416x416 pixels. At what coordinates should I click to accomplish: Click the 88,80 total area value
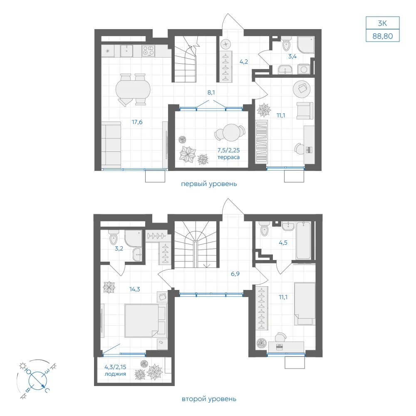[x=383, y=36]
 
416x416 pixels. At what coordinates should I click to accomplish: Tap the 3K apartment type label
[x=383, y=23]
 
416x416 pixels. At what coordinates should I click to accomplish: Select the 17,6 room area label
[x=137, y=122]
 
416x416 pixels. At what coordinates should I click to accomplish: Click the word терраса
[x=228, y=157]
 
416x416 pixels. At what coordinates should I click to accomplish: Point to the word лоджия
[x=115, y=374]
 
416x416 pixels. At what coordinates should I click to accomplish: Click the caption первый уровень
[x=209, y=184]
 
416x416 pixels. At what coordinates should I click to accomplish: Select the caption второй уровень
[x=209, y=399]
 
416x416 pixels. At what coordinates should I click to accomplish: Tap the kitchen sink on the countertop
[x=127, y=51]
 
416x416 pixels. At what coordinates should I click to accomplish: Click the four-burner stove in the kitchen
[x=149, y=51]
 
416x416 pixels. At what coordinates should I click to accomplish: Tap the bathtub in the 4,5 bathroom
[x=303, y=240]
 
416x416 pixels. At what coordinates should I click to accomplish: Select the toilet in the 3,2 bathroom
[x=113, y=238]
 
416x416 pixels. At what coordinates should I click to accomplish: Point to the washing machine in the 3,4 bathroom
[x=304, y=69]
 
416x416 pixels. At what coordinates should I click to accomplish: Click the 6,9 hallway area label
[x=235, y=274]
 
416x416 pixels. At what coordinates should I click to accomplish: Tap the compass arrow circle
[x=38, y=381]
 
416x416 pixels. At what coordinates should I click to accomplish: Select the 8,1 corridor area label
[x=211, y=93]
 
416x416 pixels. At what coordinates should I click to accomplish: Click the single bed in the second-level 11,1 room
[x=305, y=304]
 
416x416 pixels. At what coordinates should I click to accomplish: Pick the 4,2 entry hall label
[x=244, y=62]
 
